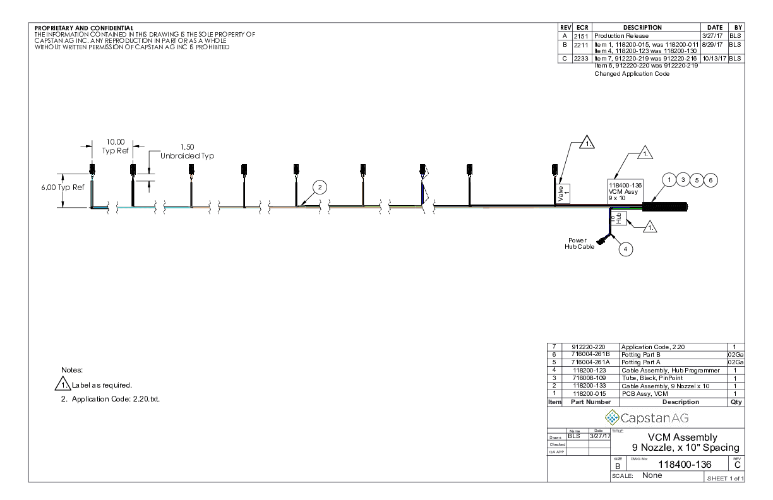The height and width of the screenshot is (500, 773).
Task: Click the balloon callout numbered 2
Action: click(x=320, y=187)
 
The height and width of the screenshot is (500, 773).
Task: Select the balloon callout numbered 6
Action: click(x=711, y=180)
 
